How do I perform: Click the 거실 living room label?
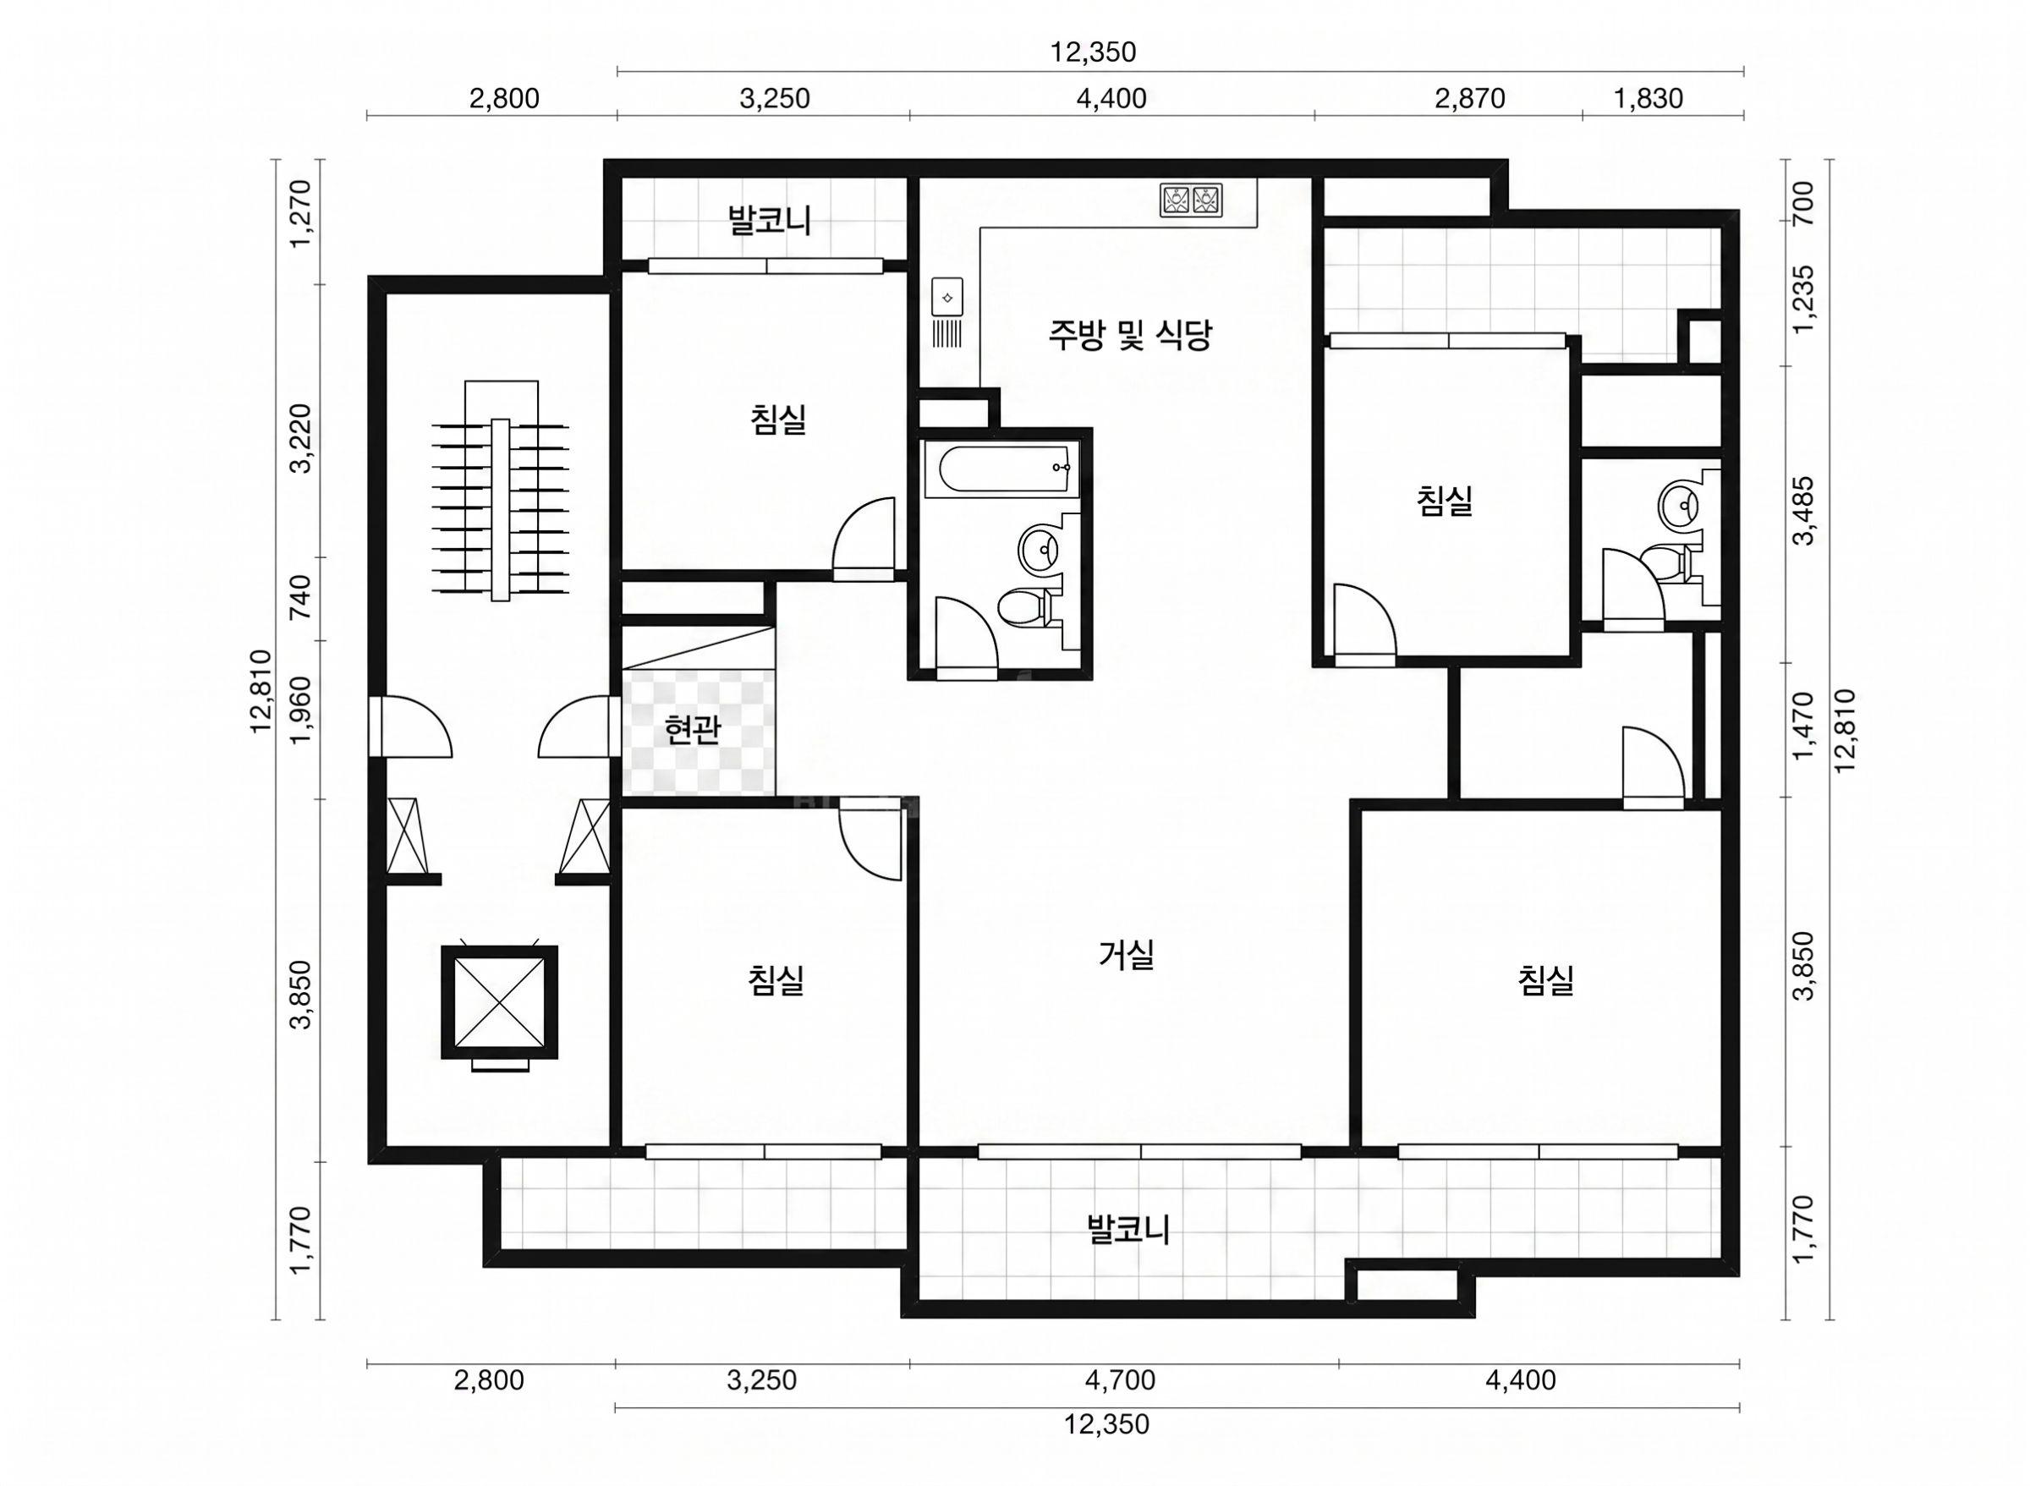pyautogui.click(x=1125, y=954)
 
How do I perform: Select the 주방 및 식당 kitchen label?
pyautogui.click(x=1130, y=335)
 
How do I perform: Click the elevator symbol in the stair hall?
pyautogui.click(x=499, y=1002)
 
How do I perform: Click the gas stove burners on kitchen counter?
pyautogui.click(x=1191, y=200)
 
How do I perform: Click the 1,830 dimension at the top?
pyautogui.click(x=1648, y=98)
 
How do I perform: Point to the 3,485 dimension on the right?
pyautogui.click(x=1803, y=511)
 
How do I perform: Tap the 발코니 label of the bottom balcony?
pyautogui.click(x=1127, y=1229)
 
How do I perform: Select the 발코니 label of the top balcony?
pyautogui.click(x=770, y=221)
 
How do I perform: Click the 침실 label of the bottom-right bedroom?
pyautogui.click(x=1545, y=979)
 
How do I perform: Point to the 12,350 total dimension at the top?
pyautogui.click(x=1093, y=52)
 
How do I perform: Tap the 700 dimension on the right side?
pyautogui.click(x=1803, y=203)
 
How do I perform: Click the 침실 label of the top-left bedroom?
pyautogui.click(x=778, y=419)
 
